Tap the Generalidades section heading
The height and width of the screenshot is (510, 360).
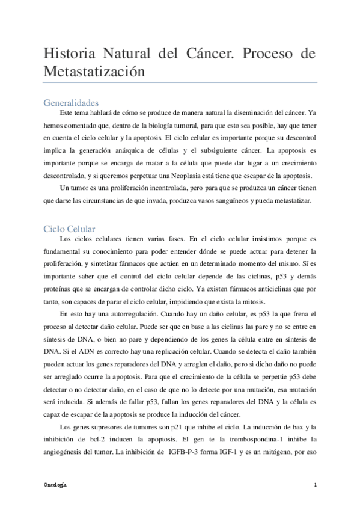point(71,102)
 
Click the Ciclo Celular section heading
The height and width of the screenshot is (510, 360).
point(69,229)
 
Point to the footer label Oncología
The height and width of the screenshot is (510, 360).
point(55,484)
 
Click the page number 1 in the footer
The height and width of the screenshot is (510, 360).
point(315,484)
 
